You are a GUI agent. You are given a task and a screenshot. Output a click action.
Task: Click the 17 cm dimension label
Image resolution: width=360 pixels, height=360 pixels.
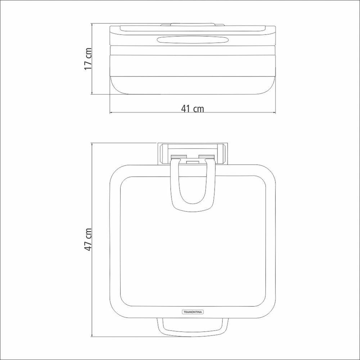coord(88,59)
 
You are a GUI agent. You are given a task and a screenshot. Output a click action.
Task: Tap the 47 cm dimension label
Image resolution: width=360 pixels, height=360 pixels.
coord(88,239)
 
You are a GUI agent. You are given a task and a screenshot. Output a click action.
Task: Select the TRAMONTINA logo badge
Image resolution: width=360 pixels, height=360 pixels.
coord(193,312)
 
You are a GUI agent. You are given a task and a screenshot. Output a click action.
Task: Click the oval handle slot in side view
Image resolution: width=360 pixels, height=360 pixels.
coord(193,40)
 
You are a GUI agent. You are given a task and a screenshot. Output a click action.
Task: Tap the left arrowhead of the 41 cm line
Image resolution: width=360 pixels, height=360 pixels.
coord(111,112)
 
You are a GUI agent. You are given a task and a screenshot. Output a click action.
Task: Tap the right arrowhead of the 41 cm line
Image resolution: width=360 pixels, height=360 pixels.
coord(274,112)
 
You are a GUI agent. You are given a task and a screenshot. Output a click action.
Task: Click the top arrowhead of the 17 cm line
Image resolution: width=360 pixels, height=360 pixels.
coord(92,24)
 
